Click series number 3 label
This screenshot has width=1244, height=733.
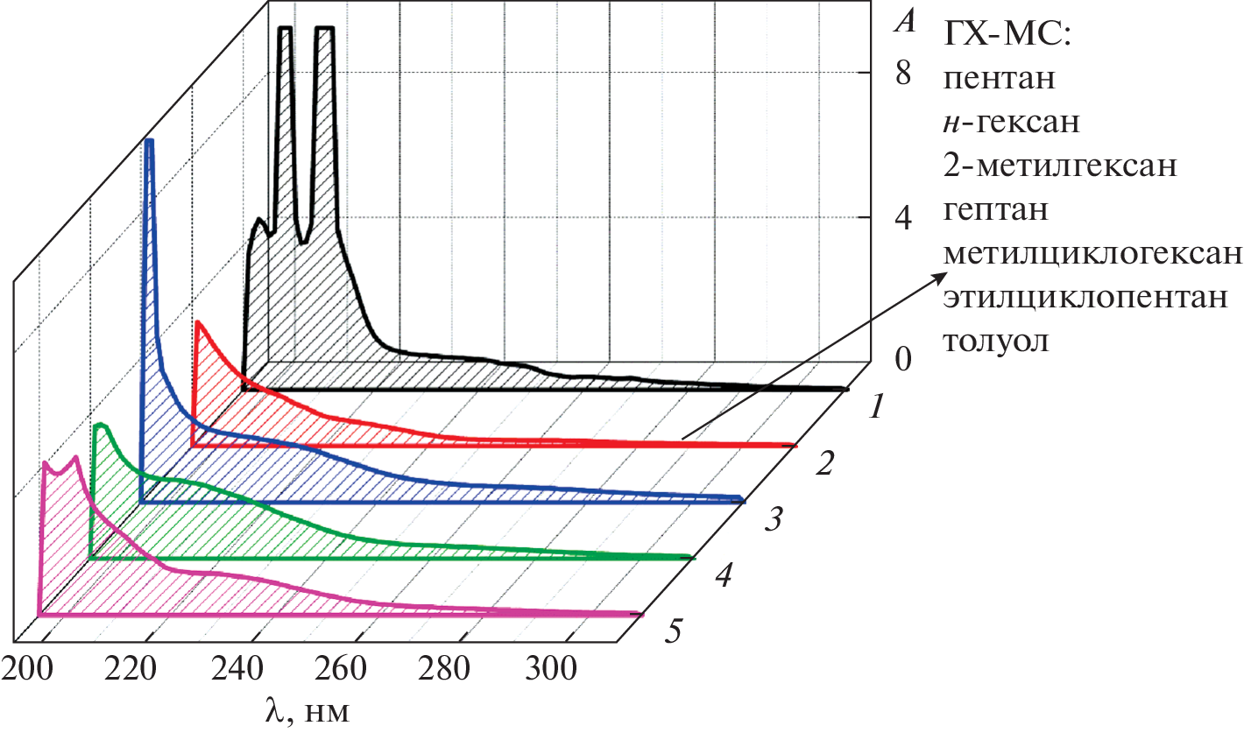coord(772,522)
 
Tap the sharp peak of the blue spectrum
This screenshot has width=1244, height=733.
coord(149,142)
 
